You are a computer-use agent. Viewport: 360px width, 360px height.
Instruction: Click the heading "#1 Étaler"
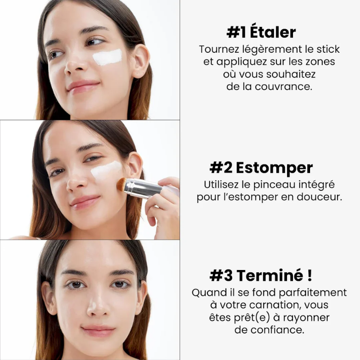(261, 32)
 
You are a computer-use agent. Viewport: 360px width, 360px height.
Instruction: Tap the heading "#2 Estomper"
(261, 168)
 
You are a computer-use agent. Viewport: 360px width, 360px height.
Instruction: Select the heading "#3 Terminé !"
(261, 274)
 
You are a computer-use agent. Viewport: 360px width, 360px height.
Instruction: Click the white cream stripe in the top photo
(108, 57)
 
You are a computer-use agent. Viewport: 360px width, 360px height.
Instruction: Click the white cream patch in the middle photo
(106, 171)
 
